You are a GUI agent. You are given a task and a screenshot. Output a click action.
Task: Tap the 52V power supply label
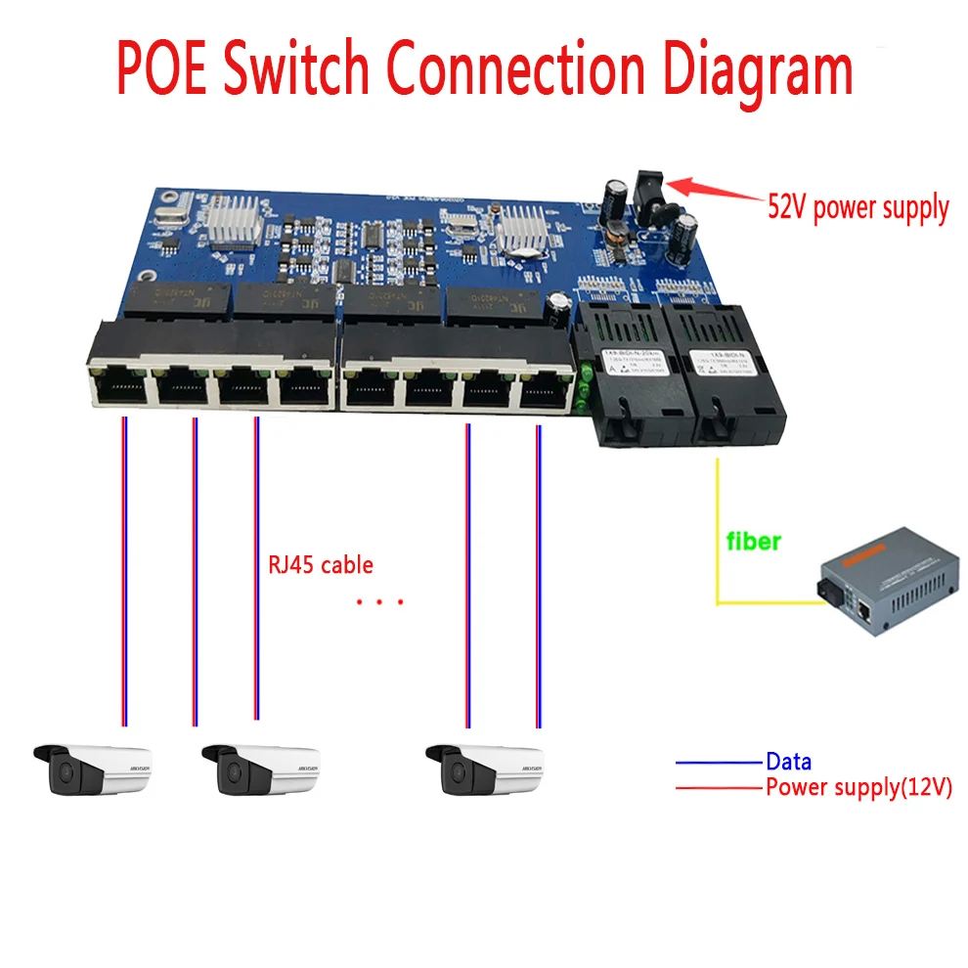point(858,208)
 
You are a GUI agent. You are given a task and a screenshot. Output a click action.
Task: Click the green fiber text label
point(752,540)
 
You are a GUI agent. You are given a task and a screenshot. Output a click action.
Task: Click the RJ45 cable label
point(320,565)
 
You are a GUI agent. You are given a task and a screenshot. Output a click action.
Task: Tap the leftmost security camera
point(92,770)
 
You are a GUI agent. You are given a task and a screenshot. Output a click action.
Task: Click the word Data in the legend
point(788,762)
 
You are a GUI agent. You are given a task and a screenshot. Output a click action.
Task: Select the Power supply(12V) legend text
point(858,787)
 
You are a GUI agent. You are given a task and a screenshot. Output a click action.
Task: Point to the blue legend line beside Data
point(718,762)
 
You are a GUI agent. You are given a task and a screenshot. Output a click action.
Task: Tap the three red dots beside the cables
point(379,602)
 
